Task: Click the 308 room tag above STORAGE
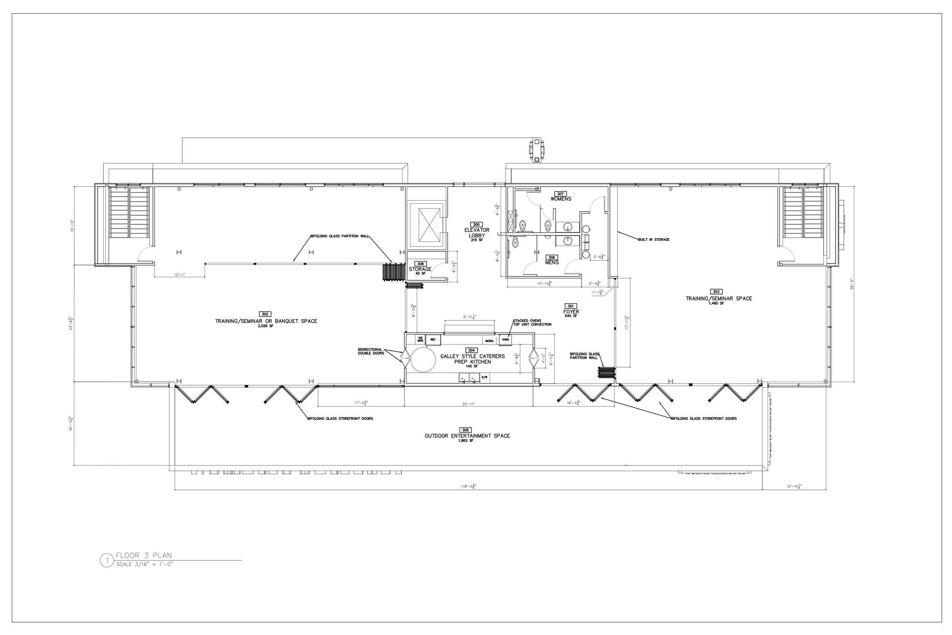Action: point(420,264)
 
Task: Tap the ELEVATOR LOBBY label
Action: point(476,233)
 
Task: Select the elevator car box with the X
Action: point(425,224)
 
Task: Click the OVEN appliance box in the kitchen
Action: point(505,339)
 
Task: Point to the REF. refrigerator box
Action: point(433,339)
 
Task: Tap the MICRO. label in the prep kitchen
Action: point(489,341)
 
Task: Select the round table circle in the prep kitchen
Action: point(423,360)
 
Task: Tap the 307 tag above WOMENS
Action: point(560,194)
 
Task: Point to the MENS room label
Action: point(552,262)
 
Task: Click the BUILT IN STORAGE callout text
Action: point(654,240)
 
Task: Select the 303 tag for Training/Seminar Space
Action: point(716,291)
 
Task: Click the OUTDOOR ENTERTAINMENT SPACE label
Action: point(467,436)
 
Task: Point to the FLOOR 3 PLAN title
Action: point(144,555)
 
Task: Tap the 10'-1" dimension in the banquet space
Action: point(179,275)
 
